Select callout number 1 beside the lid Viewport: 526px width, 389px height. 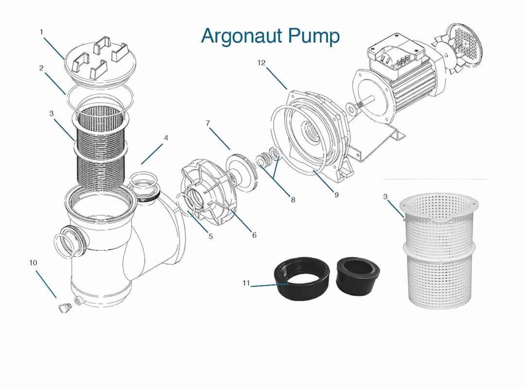click(x=42, y=32)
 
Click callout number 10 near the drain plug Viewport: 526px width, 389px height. click(x=33, y=263)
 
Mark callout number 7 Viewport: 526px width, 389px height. click(x=208, y=124)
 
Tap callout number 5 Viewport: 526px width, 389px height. click(x=210, y=237)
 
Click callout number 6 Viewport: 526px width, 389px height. click(x=254, y=235)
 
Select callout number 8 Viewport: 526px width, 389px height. click(x=292, y=199)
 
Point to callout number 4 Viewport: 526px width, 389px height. click(x=166, y=138)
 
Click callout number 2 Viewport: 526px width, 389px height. click(x=42, y=68)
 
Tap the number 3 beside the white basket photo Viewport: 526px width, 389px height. click(x=385, y=197)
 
